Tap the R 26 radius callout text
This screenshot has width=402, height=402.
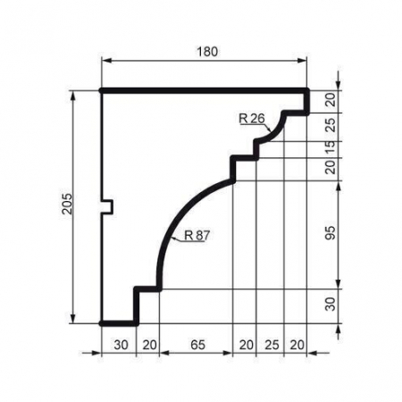pyautogui.click(x=252, y=118)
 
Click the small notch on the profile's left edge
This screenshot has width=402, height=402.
pyautogui.click(x=108, y=207)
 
